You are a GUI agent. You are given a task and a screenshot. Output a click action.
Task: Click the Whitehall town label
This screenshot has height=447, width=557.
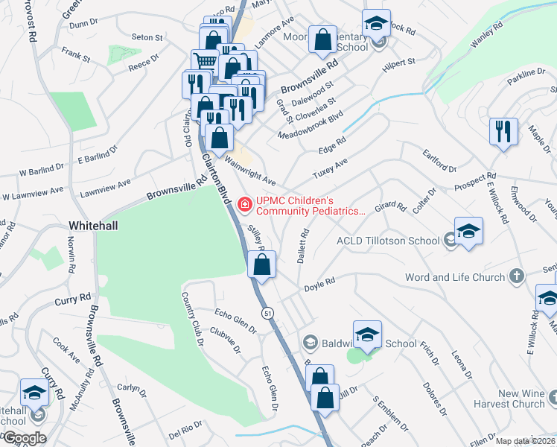[95, 224]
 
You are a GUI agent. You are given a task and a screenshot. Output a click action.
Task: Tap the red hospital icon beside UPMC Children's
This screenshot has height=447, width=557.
[244, 203]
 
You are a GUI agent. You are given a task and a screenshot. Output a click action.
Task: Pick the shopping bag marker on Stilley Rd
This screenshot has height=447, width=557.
[261, 264]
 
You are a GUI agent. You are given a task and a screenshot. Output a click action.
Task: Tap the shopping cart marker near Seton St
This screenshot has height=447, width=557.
[205, 60]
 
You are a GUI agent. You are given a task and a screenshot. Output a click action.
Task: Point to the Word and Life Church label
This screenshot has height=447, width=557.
[454, 277]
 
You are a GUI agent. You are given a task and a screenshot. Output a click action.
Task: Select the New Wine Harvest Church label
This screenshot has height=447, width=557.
[511, 399]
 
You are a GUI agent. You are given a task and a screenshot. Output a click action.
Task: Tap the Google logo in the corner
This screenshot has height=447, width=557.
[24, 437]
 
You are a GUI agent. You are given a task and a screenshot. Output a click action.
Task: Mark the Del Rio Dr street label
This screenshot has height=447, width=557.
[185, 431]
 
